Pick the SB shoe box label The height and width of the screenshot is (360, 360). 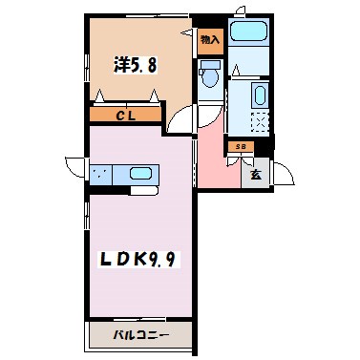(241, 146)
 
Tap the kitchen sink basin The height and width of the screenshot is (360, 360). (139, 175)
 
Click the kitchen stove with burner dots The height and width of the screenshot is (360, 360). (101, 175)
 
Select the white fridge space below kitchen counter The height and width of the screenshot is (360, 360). (144, 190)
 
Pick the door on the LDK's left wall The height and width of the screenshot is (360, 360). (74, 164)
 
